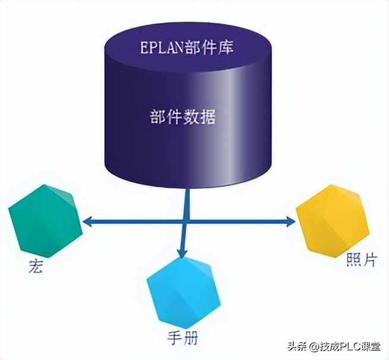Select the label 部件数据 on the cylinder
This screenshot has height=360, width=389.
click(x=183, y=116)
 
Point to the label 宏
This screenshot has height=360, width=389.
click(x=35, y=267)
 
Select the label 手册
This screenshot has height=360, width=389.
click(x=183, y=339)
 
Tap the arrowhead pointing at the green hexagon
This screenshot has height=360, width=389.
click(x=87, y=222)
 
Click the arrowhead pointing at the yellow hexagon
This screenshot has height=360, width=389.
click(x=290, y=222)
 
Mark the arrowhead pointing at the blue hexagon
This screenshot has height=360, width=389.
click(x=183, y=254)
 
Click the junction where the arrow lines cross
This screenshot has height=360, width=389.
click(x=188, y=222)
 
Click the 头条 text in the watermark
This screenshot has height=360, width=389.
click(x=296, y=346)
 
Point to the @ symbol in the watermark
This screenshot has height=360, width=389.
click(x=312, y=346)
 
